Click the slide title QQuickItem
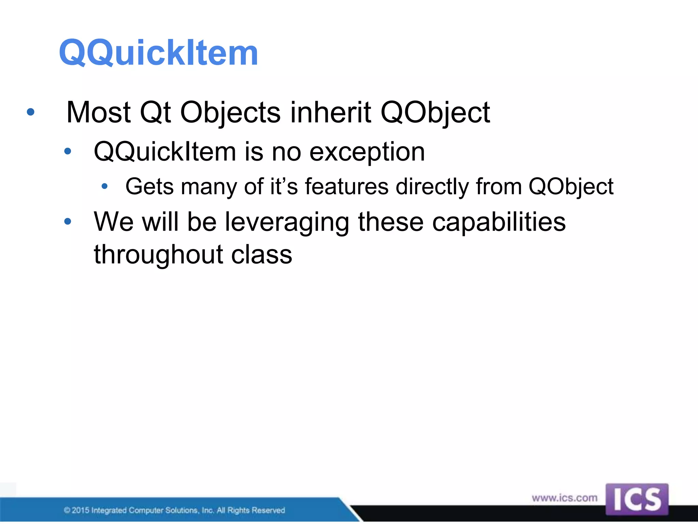coord(158,53)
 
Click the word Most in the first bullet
coord(98,112)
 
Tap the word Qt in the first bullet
coord(155,112)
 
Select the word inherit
coord(330,112)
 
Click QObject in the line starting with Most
coord(435,113)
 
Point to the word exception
coord(367,152)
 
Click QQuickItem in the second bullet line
coord(165,152)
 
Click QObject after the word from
coord(571,187)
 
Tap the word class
coord(261,255)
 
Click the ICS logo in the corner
coord(637,499)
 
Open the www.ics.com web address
coord(564,498)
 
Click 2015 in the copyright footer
coord(80,510)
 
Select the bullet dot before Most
coord(31,112)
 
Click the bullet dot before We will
coord(67,221)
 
